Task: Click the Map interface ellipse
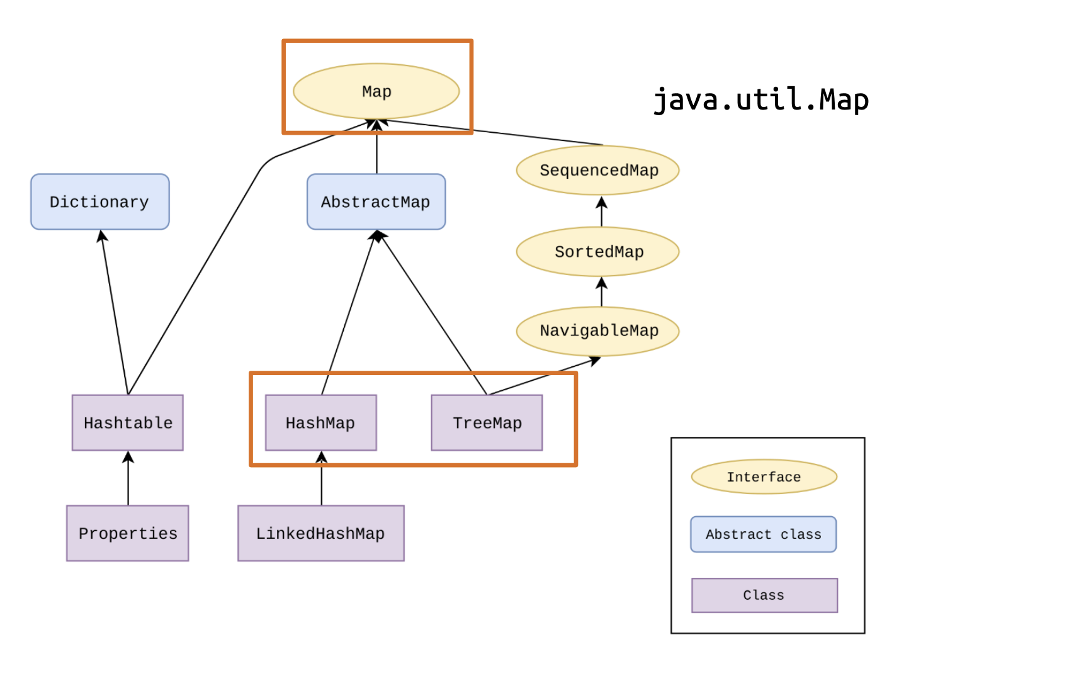(x=376, y=91)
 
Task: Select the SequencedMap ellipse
(x=598, y=170)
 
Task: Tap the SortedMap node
(x=598, y=252)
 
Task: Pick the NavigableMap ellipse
(x=598, y=331)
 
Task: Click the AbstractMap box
(x=376, y=202)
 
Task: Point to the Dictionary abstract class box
(x=99, y=202)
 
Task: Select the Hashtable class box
(x=128, y=423)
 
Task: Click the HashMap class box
(x=320, y=423)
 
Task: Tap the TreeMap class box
(x=487, y=423)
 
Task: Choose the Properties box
(x=128, y=533)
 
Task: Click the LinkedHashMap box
(x=320, y=533)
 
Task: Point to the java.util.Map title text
(x=760, y=100)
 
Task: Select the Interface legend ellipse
(x=764, y=477)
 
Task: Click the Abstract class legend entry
(x=763, y=534)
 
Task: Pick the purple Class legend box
(x=764, y=595)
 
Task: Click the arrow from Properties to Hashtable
(x=128, y=478)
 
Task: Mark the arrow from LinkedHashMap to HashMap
(x=322, y=481)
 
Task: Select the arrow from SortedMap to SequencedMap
(x=602, y=211)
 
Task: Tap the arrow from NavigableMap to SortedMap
(x=602, y=292)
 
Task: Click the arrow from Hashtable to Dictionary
(x=115, y=312)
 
